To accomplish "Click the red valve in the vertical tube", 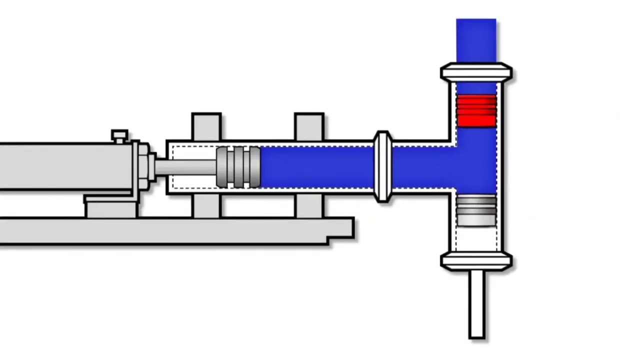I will [476, 110].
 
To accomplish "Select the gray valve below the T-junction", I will [476, 210].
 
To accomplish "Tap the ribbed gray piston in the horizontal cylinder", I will [238, 167].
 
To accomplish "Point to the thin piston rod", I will [185, 167].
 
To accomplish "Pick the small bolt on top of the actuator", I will [119, 136].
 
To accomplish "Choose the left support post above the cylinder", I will [206, 126].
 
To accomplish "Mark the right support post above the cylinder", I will [309, 126].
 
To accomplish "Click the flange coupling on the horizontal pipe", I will [382, 166].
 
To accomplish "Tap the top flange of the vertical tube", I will [476, 72].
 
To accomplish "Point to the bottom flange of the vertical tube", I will [476, 261].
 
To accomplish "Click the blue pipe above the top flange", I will [476, 40].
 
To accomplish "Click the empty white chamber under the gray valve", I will [476, 238].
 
